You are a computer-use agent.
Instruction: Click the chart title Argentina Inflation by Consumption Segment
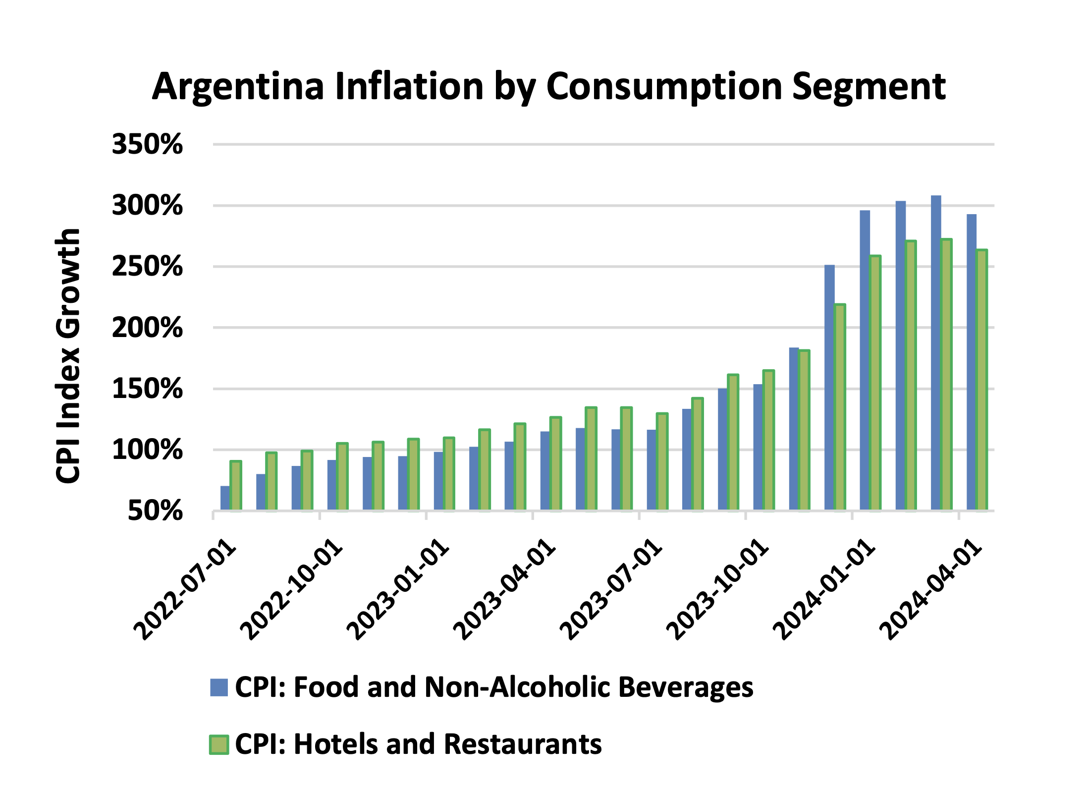[x=548, y=87]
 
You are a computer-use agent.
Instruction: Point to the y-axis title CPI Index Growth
[x=68, y=355]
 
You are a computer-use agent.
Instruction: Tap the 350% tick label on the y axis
[x=147, y=145]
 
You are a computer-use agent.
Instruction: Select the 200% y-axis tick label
[x=147, y=328]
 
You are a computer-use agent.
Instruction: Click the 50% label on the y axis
[x=155, y=511]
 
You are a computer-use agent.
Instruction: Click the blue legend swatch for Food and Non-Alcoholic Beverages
[x=218, y=687]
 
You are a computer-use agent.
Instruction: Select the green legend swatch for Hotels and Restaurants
[x=218, y=744]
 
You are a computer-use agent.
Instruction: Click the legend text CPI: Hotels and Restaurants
[x=418, y=744]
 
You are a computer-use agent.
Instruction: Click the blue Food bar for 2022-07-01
[x=225, y=498]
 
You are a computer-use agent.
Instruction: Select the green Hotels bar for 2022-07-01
[x=236, y=486]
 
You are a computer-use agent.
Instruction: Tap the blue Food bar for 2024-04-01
[x=971, y=362]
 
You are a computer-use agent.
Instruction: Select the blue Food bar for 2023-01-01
[x=438, y=481]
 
